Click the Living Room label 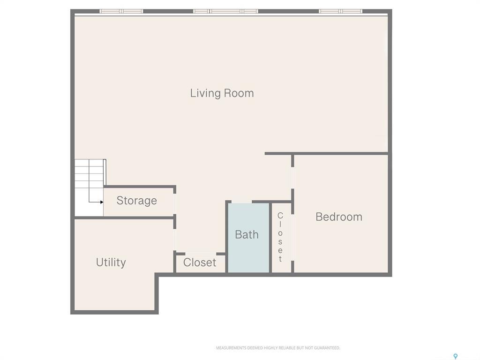[x=222, y=93]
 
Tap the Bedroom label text [x=338, y=217]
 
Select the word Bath [x=247, y=234]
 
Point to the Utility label [x=111, y=262]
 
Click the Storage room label [x=136, y=201]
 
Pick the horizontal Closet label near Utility [x=200, y=262]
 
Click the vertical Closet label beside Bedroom [x=280, y=237]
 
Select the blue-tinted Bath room [x=248, y=253]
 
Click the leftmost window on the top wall [x=121, y=11]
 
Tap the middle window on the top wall [x=226, y=11]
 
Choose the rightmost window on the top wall [x=341, y=11]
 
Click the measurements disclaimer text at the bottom [x=277, y=348]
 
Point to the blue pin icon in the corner [x=455, y=357]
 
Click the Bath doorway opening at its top [x=241, y=202]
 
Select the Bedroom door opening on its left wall [x=292, y=178]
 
